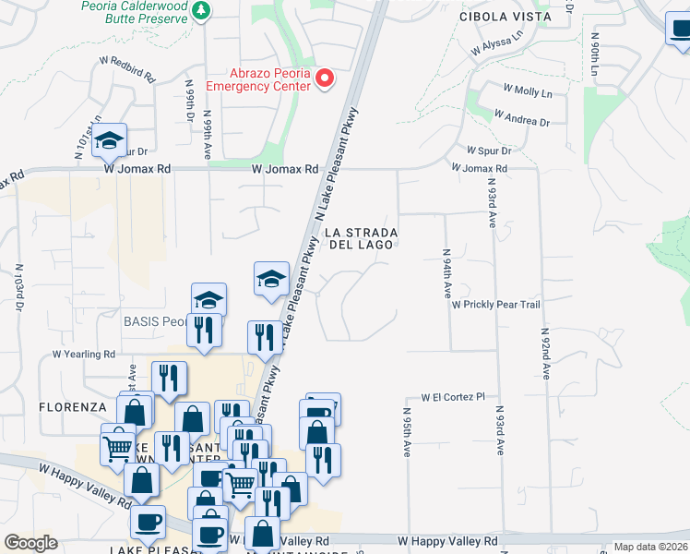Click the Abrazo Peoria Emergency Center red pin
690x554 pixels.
click(x=325, y=79)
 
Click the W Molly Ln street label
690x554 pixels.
click(x=528, y=91)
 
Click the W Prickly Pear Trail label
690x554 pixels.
click(x=494, y=304)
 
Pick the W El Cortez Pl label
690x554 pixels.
click(x=453, y=397)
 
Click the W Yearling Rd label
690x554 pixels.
click(x=84, y=354)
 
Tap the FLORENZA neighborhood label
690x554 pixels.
click(x=74, y=406)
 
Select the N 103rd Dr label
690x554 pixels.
click(x=18, y=288)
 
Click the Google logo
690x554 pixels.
click(x=30, y=543)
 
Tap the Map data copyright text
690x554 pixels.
click(x=650, y=547)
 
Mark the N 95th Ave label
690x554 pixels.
click(x=406, y=432)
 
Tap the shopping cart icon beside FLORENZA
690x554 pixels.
click(x=118, y=449)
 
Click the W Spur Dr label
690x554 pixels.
click(x=489, y=150)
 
